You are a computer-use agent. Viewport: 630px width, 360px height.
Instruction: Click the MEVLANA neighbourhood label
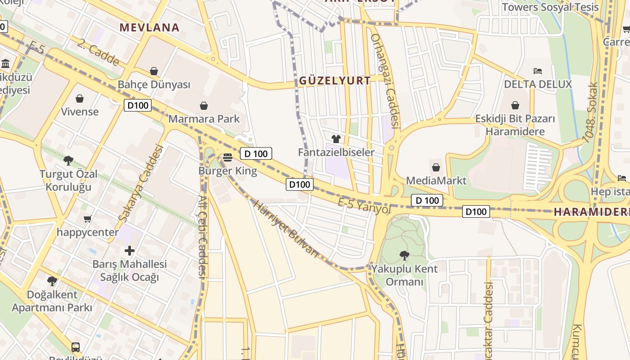tap(149, 27)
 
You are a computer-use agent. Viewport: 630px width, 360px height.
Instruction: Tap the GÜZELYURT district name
tap(335, 81)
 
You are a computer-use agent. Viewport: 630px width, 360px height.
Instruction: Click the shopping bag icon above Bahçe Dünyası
tap(154, 71)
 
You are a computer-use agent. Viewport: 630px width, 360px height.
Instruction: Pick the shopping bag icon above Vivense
tap(80, 98)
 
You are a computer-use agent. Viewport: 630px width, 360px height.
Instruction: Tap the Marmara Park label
tap(204, 119)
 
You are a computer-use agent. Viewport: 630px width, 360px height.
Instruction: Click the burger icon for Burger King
tap(228, 157)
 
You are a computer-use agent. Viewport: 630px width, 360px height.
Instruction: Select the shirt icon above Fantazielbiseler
tap(336, 139)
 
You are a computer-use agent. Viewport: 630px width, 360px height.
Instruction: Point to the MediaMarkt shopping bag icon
tap(436, 168)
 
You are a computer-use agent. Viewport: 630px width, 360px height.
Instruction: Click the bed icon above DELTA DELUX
tap(537, 71)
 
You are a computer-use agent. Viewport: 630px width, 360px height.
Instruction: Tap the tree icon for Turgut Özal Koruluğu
tap(68, 160)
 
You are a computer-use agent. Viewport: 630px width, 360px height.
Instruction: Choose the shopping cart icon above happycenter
tap(88, 219)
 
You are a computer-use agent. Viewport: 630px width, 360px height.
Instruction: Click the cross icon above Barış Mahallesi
tap(130, 250)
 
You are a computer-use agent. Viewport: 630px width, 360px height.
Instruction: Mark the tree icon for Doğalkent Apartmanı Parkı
tap(52, 281)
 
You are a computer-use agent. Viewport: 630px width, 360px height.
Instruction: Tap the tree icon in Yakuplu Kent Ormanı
tap(404, 255)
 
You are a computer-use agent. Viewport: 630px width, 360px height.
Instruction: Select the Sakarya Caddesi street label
tap(140, 183)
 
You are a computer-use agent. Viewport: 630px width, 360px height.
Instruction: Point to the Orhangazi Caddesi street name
tap(385, 81)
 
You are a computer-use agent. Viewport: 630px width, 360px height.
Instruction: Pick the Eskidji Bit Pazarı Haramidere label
tap(515, 125)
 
